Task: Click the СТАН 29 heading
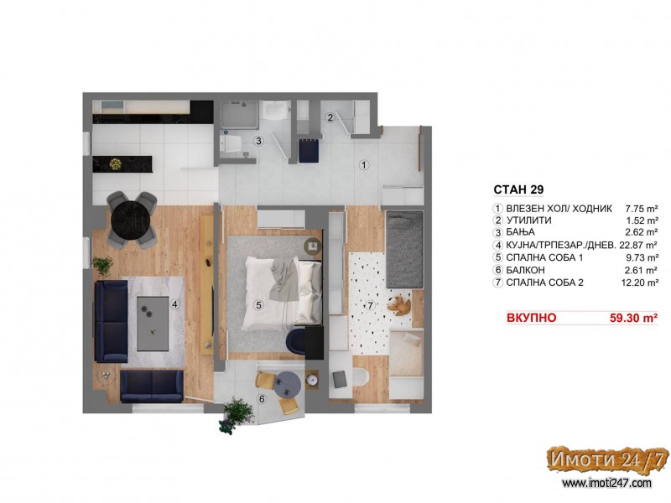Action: point(518,189)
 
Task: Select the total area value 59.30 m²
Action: point(633,318)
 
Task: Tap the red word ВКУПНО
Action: point(532,318)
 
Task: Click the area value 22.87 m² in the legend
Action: point(638,245)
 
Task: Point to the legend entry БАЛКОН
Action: point(526,270)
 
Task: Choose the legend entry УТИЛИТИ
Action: point(529,220)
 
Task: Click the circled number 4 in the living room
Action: point(174,304)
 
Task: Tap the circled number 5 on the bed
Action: point(258,305)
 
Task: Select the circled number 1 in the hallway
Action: point(364,164)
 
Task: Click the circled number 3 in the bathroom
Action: point(258,141)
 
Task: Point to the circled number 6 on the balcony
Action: point(262,400)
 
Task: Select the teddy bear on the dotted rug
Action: point(399,305)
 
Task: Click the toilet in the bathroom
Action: point(228,143)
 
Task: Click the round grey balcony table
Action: point(289,385)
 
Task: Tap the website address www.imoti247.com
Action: point(606,484)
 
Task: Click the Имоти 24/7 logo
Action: point(607,459)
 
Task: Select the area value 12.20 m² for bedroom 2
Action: point(640,283)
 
